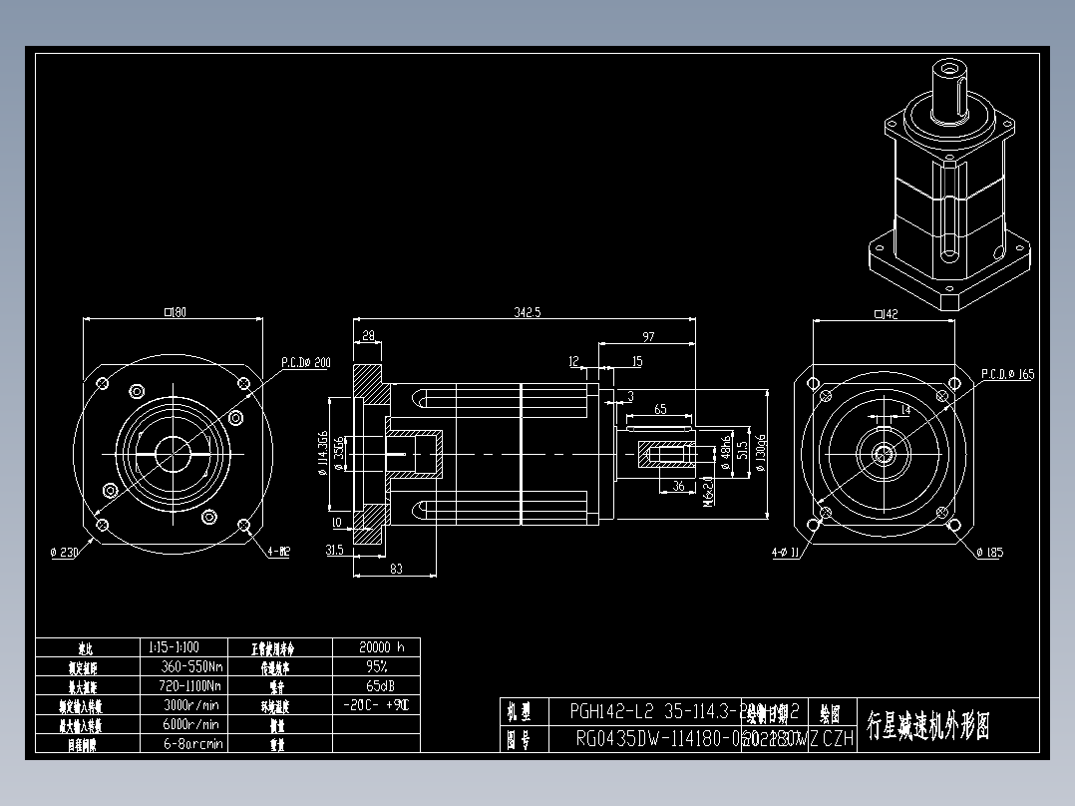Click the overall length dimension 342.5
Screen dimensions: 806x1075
pyautogui.click(x=527, y=312)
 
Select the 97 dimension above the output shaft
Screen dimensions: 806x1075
pyautogui.click(x=649, y=336)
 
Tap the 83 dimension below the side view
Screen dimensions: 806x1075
pyautogui.click(x=396, y=568)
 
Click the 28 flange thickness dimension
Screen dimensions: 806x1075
pyautogui.click(x=369, y=336)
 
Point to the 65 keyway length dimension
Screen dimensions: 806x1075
pyautogui.click(x=660, y=409)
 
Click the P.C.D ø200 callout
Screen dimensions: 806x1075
pyautogui.click(x=305, y=363)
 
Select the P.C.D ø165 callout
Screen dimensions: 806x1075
pyautogui.click(x=1008, y=374)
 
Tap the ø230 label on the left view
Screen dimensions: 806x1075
pyautogui.click(x=65, y=552)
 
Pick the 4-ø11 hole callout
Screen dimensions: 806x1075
pyautogui.click(x=786, y=553)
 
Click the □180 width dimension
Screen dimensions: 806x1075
pyautogui.click(x=176, y=312)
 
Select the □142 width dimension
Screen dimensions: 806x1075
pyautogui.click(x=885, y=314)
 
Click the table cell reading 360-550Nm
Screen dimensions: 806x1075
pyautogui.click(x=191, y=666)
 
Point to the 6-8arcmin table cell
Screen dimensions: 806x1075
pyautogui.click(x=191, y=743)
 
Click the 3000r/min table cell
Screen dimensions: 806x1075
pyautogui.click(x=191, y=704)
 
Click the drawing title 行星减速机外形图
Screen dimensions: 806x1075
pyautogui.click(x=928, y=726)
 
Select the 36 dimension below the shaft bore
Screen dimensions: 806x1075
pyautogui.click(x=678, y=486)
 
